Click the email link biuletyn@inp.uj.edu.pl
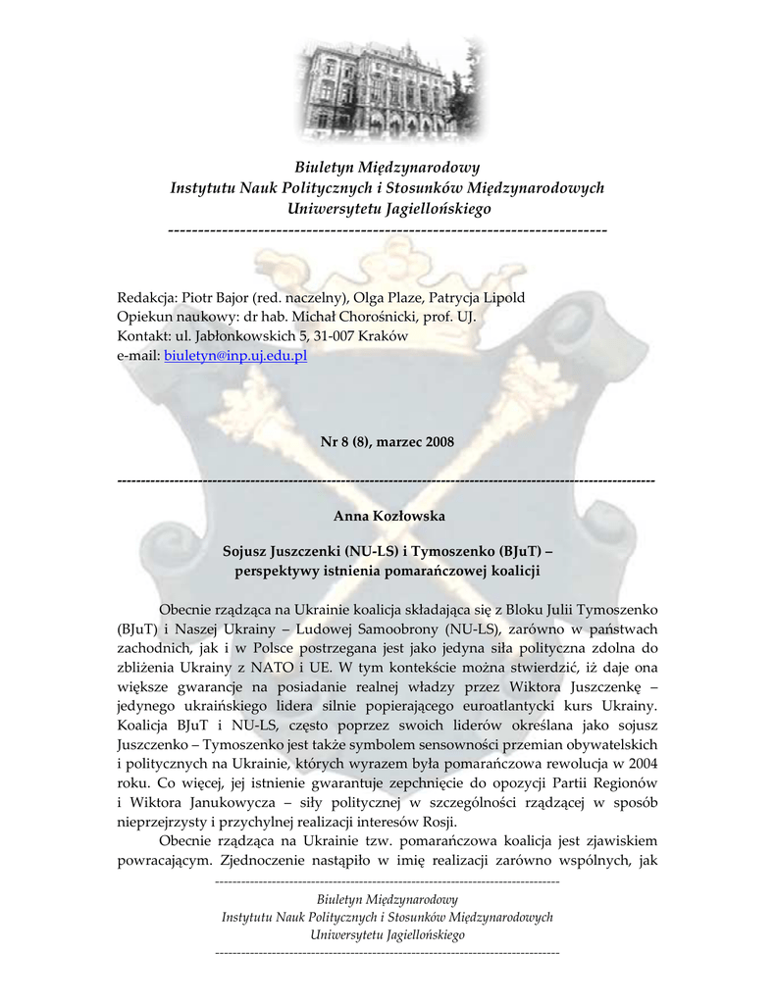pos(235,355)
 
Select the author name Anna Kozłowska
pos(388,516)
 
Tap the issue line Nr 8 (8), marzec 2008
pos(388,442)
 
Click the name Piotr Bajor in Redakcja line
pos(215,298)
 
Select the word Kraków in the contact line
pos(383,336)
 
